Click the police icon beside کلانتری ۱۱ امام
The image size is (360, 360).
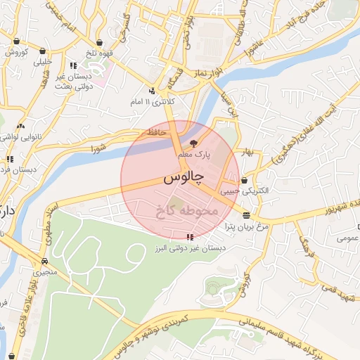tap(152, 90)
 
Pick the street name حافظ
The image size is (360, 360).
tap(156, 132)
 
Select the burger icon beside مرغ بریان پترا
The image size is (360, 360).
tap(246, 214)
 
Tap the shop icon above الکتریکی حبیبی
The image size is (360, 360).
tap(244, 179)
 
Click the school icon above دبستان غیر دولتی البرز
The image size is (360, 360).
tap(189, 237)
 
